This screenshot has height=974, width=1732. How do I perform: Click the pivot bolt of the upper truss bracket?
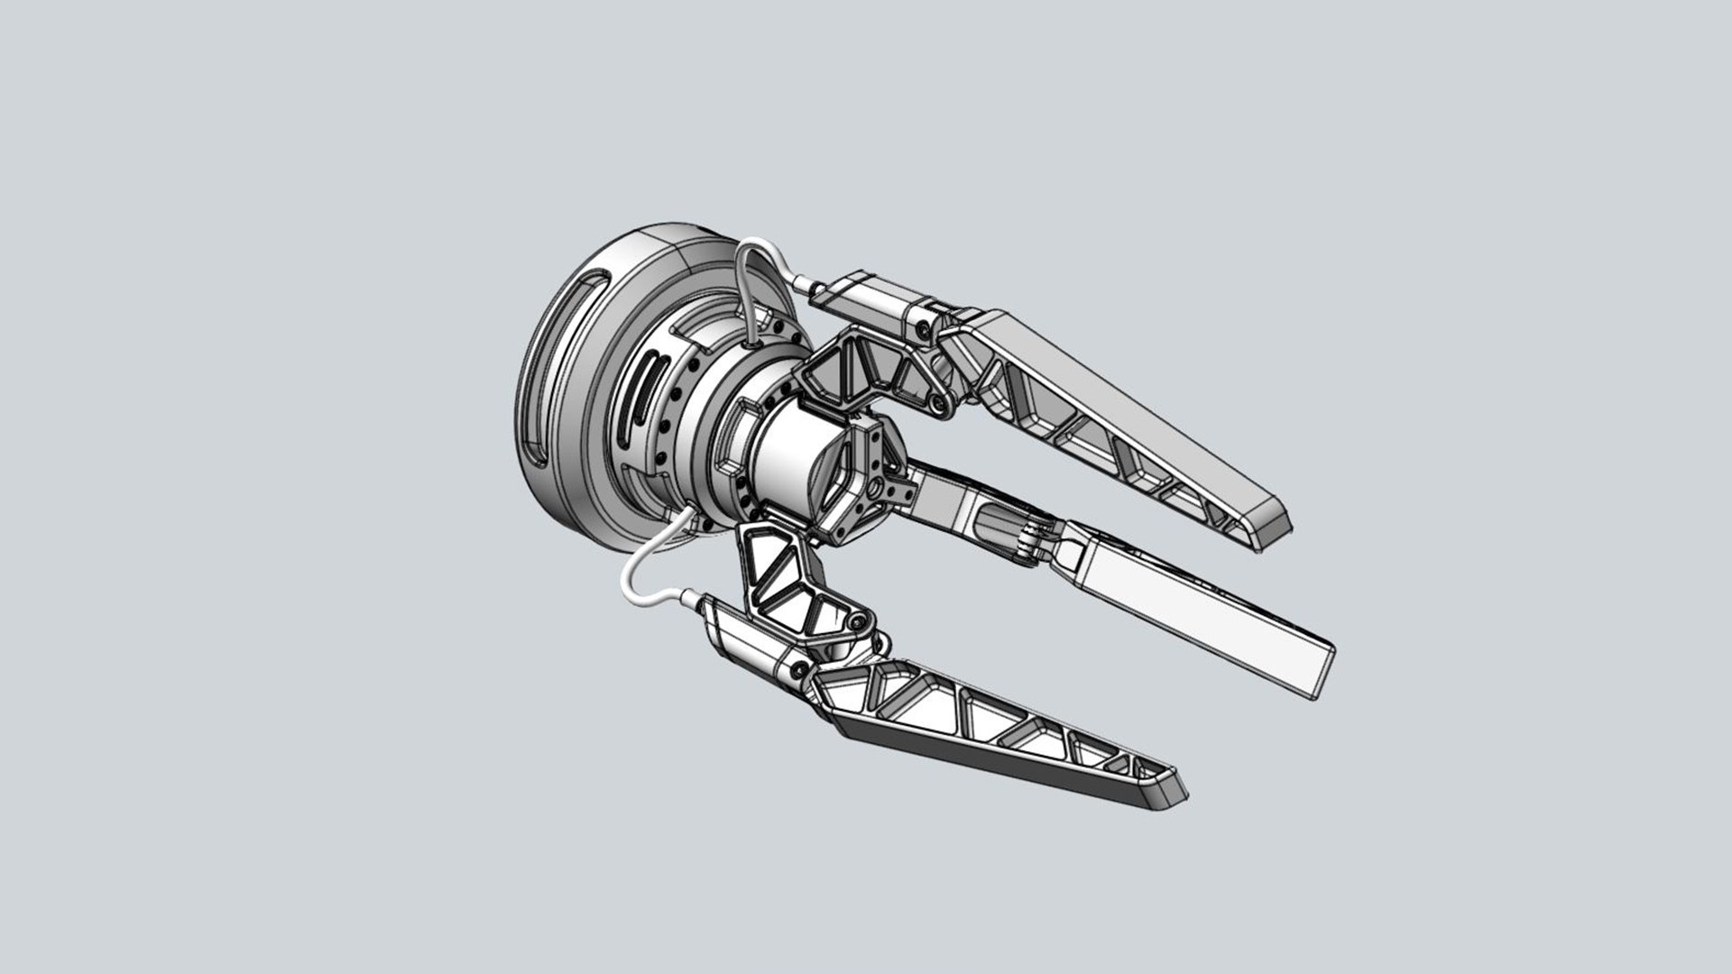(x=938, y=402)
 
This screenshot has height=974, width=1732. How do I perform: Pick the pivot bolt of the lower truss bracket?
(x=855, y=622)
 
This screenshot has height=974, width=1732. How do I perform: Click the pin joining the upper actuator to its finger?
(x=922, y=334)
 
